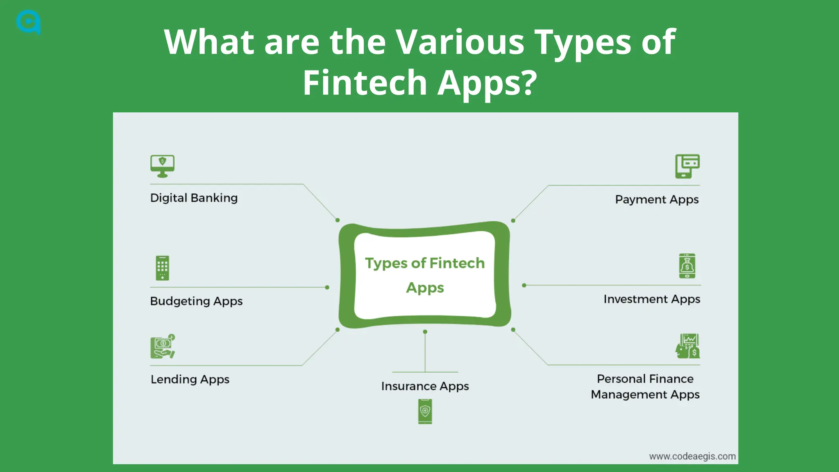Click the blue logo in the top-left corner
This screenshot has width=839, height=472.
click(28, 22)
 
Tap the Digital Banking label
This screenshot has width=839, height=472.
click(194, 198)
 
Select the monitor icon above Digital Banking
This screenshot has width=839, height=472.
click(162, 166)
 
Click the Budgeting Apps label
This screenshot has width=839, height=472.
click(196, 301)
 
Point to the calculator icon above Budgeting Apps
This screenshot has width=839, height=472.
click(162, 268)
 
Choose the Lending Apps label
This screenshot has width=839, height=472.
click(190, 379)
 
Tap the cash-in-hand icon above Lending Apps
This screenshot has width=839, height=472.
click(163, 347)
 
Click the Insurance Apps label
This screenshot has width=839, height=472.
click(425, 386)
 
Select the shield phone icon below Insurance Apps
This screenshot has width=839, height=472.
click(425, 411)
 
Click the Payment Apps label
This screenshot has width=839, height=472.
click(657, 200)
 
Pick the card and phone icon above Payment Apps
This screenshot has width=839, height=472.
click(687, 166)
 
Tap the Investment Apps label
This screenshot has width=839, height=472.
click(652, 299)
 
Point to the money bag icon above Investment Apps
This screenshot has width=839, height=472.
click(687, 266)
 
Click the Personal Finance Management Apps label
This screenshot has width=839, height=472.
click(645, 386)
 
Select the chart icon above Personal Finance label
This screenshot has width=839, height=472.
click(687, 346)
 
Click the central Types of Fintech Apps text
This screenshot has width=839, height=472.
click(425, 275)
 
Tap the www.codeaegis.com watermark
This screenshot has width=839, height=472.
click(692, 456)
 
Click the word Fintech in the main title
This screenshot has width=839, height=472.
click(365, 83)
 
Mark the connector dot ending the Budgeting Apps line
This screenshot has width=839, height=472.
click(327, 287)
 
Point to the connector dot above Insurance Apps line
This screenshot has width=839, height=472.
click(425, 332)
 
